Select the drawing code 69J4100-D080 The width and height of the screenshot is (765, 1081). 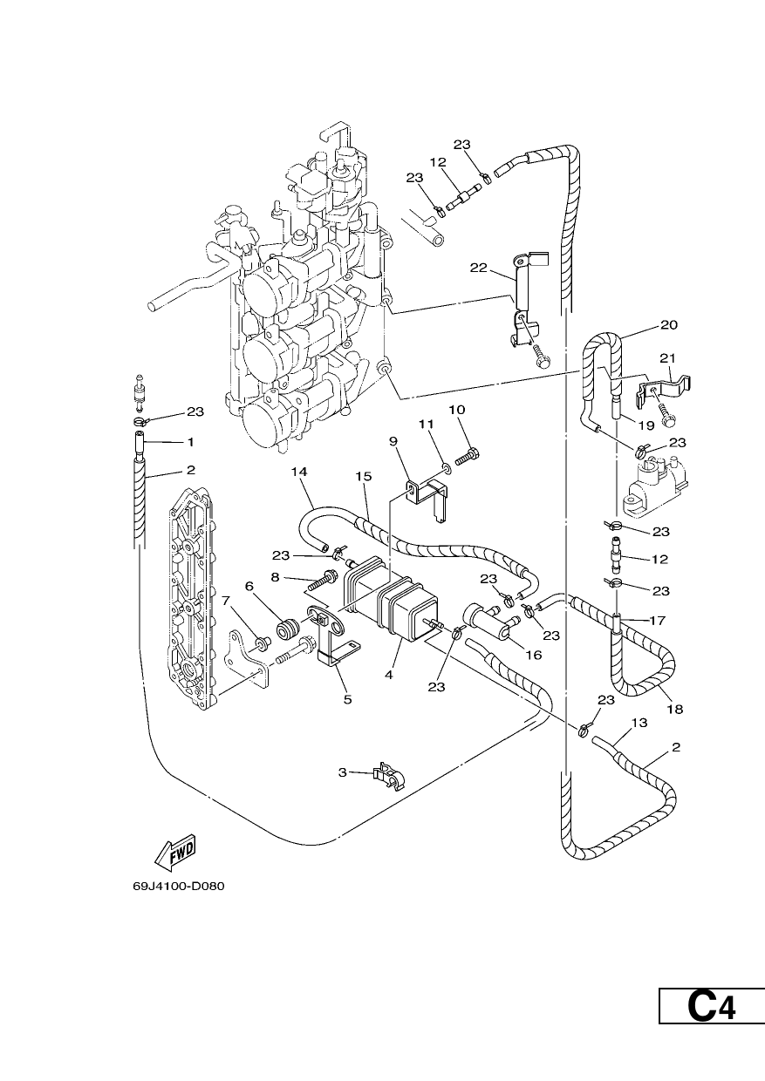[x=179, y=887]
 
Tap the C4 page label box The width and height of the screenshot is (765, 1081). [x=712, y=1037]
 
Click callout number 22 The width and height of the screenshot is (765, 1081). [x=479, y=268]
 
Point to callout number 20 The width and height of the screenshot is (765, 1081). [x=669, y=325]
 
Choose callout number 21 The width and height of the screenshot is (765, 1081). [x=667, y=358]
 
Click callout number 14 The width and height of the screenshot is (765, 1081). [x=299, y=472]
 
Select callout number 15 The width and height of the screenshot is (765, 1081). [x=364, y=476]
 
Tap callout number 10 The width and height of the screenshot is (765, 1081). [x=457, y=410]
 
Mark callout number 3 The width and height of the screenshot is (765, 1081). [x=343, y=772]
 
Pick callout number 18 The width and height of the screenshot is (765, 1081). [x=675, y=709]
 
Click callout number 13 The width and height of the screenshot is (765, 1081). [x=639, y=723]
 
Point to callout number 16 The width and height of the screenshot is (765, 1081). [x=534, y=655]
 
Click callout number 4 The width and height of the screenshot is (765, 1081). [x=389, y=675]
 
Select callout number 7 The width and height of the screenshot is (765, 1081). [x=226, y=601]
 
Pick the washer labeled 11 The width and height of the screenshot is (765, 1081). [x=447, y=467]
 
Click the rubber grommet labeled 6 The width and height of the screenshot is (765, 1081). [x=290, y=629]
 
